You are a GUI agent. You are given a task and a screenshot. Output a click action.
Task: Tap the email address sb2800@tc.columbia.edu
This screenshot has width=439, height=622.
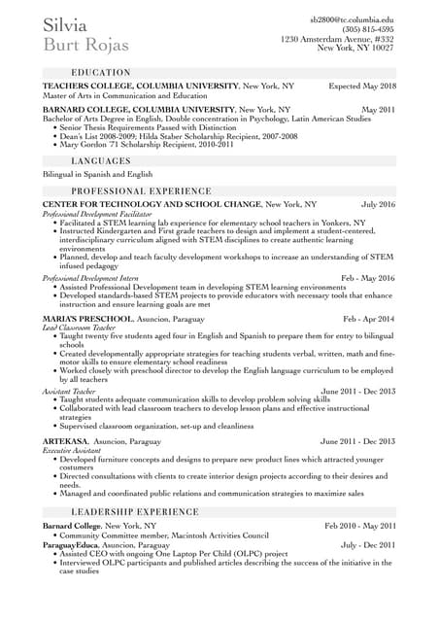[x=352, y=19]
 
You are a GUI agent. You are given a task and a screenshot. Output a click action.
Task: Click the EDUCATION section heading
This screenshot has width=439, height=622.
[x=101, y=73]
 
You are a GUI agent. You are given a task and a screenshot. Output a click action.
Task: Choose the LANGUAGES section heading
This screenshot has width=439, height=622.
[x=101, y=160]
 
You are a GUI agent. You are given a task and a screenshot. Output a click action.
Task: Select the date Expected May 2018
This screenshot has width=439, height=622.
[x=362, y=86]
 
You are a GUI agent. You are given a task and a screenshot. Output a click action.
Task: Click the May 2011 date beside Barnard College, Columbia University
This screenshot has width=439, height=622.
[x=378, y=110]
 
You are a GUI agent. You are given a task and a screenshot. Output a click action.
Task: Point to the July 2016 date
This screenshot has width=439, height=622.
[x=378, y=205]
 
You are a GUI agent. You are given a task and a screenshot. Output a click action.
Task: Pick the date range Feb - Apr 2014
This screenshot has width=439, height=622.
[x=369, y=319]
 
